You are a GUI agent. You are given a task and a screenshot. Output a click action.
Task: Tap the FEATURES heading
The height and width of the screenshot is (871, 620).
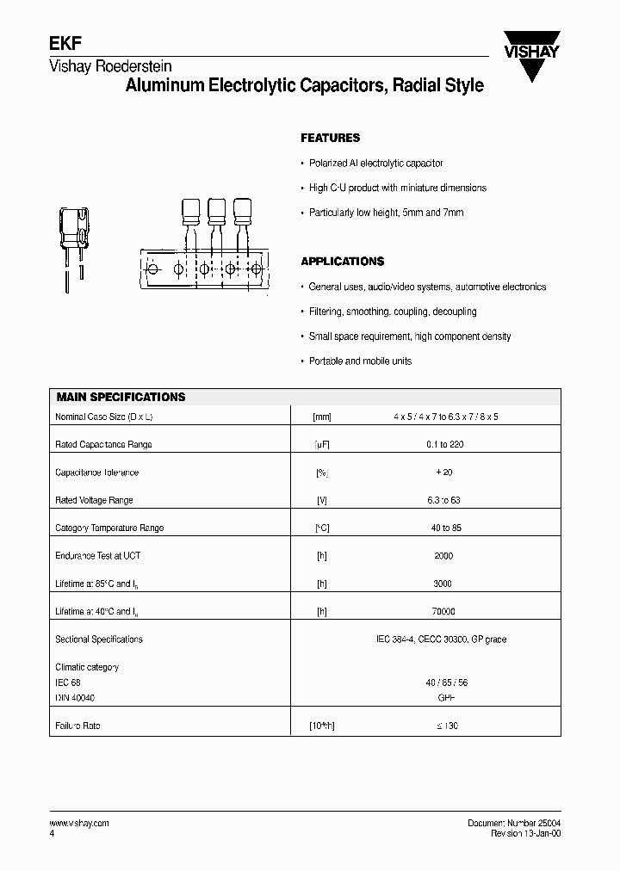tap(330, 138)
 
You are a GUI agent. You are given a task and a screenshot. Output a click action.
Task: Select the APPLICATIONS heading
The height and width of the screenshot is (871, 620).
tap(342, 261)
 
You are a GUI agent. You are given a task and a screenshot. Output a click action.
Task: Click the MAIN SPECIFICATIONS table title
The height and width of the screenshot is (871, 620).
tap(121, 398)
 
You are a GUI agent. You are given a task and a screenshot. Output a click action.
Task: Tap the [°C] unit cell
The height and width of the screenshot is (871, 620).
tap(322, 528)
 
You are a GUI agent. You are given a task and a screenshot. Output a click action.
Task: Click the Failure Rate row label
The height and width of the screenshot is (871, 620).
tap(77, 726)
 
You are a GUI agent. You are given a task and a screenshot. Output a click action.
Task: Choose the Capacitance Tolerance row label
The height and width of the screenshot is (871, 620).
tap(96, 473)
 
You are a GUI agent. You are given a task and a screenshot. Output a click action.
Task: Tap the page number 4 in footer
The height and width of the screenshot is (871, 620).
tap(53, 834)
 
